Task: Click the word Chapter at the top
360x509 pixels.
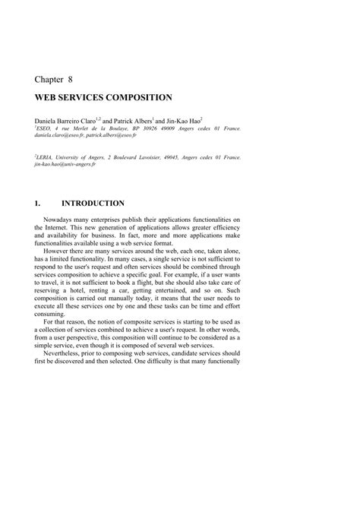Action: tap(50, 78)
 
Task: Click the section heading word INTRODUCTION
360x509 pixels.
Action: tap(93, 204)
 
